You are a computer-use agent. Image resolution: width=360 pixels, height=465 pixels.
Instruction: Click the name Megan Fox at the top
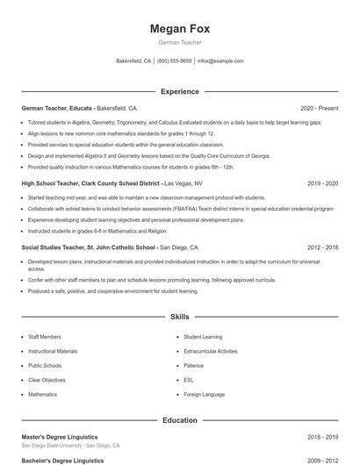[179, 28]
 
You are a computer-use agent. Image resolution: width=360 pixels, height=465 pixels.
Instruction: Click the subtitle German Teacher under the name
[179, 42]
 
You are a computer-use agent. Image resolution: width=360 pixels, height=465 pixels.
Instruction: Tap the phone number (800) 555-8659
[174, 61]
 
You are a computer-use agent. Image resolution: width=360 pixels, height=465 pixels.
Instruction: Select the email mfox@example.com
[220, 61]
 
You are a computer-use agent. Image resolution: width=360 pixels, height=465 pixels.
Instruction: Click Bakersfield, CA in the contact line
[133, 61]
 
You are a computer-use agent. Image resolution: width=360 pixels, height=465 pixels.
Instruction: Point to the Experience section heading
[179, 91]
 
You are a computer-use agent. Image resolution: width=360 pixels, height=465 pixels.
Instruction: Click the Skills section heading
[179, 316]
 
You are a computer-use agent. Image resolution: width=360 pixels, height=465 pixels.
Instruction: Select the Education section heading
[179, 420]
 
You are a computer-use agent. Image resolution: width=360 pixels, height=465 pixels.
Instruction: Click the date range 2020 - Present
[319, 107]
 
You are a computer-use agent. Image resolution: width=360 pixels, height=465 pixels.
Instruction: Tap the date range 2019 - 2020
[322, 183]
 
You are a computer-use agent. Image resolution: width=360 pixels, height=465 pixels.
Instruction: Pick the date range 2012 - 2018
[322, 247]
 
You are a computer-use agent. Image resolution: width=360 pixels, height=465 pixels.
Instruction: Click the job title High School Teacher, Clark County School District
[91, 183]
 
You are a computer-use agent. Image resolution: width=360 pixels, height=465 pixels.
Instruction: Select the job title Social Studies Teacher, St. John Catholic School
[90, 247]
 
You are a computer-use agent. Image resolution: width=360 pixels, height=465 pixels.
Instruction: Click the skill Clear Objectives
[47, 380]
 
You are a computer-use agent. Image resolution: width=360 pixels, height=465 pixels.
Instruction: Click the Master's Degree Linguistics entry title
[60, 436]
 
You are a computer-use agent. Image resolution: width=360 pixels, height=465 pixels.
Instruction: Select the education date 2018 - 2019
[322, 436]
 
